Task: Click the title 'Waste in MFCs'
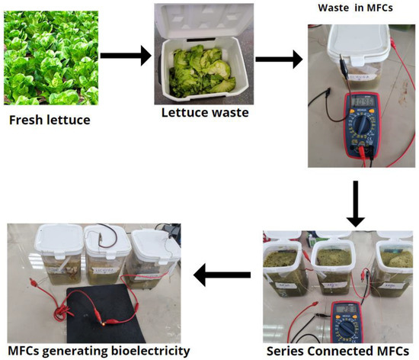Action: click(x=361, y=8)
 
